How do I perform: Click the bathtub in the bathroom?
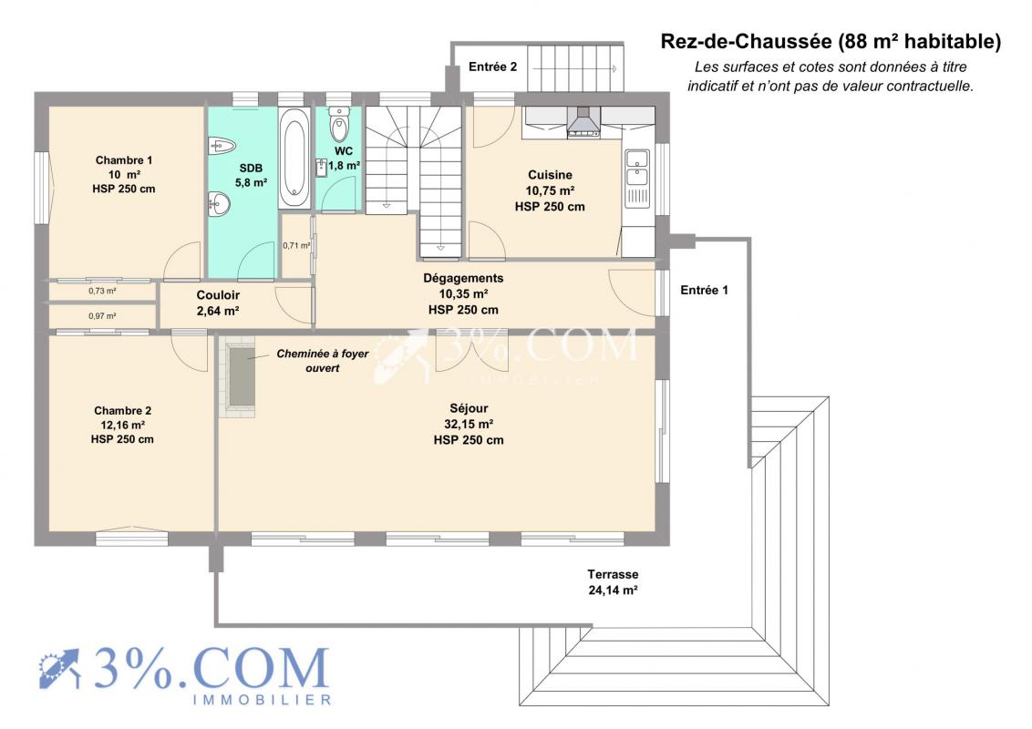click(294, 158)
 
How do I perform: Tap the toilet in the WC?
click(339, 124)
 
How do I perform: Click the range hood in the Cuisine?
click(583, 122)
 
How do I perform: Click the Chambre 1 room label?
click(124, 174)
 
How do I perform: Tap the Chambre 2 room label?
click(122, 425)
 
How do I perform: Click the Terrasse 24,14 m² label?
click(613, 582)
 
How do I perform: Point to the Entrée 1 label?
click(704, 290)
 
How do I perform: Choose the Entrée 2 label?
click(492, 67)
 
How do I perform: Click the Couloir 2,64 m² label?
click(218, 303)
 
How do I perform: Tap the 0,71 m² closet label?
click(296, 245)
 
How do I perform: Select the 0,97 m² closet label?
click(103, 316)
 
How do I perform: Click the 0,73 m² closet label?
click(103, 291)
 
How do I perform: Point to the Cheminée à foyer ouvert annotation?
click(323, 361)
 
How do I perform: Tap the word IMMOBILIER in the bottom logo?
click(262, 700)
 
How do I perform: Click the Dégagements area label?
click(463, 294)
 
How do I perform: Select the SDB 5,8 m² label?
click(251, 176)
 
